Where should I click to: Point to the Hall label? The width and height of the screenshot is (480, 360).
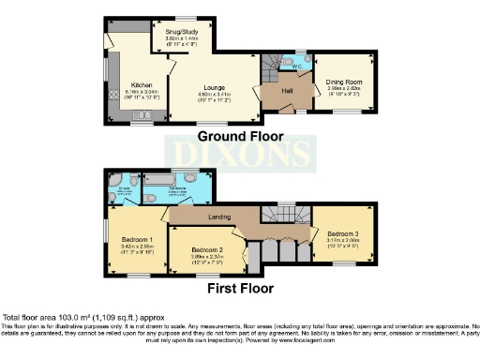288,90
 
